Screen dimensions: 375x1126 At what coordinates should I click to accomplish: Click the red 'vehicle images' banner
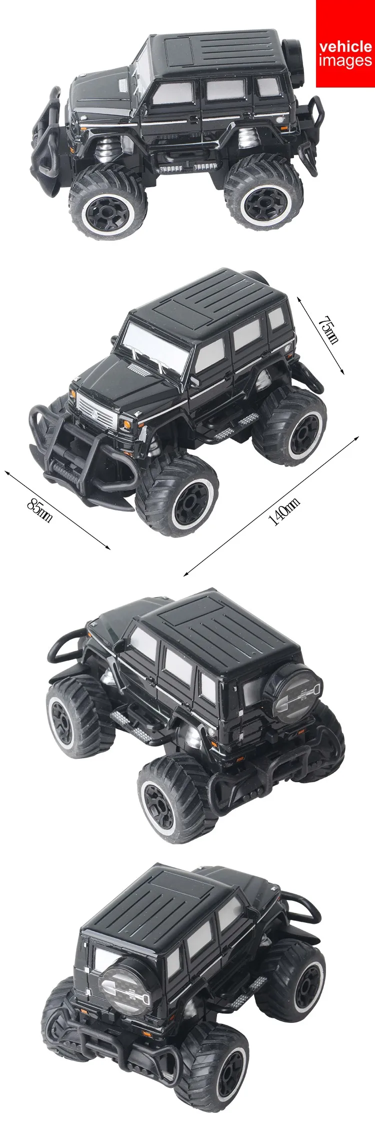pyautogui.click(x=345, y=44)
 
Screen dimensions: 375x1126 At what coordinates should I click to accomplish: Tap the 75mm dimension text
pyautogui.click(x=329, y=330)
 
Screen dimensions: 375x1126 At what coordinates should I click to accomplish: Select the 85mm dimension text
pyautogui.click(x=39, y=509)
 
